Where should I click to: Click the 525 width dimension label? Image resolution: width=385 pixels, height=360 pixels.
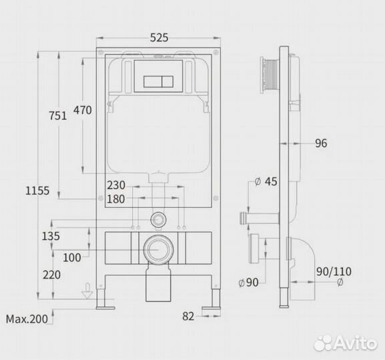[159, 37]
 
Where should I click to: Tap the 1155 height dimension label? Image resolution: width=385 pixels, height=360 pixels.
[37, 191]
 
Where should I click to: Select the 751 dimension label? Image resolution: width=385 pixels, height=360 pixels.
[57, 116]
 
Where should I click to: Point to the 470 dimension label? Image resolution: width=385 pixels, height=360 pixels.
[83, 110]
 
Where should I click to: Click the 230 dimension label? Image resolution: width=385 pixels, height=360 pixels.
[116, 185]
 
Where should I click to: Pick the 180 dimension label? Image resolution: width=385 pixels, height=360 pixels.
[116, 199]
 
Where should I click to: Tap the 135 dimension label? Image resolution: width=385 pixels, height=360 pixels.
[51, 236]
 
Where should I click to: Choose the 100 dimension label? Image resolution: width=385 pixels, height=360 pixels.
[72, 258]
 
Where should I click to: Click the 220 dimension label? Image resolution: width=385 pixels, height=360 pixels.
[51, 275]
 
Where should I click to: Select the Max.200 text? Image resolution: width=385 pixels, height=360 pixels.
[27, 319]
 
